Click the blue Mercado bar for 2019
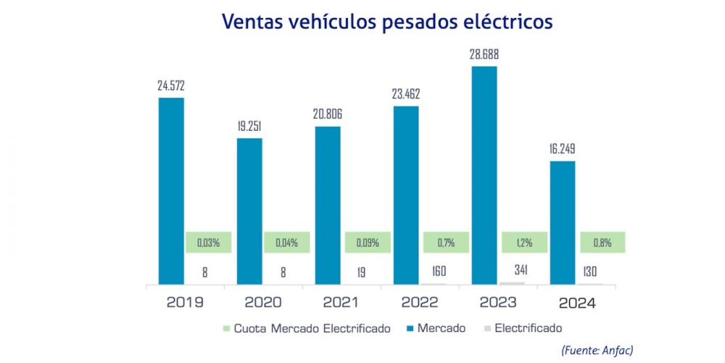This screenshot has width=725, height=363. [x=171, y=190]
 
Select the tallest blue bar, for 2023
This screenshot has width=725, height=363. [x=484, y=174]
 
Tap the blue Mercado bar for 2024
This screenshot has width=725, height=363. [x=563, y=221]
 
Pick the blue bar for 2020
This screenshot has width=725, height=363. [x=249, y=211]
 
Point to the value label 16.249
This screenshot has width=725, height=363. [x=563, y=149]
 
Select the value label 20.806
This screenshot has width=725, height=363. [x=328, y=114]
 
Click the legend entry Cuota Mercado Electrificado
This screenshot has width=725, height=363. [x=312, y=329]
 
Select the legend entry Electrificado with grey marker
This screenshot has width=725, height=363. [x=528, y=329]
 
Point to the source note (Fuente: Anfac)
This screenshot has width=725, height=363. [x=597, y=350]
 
